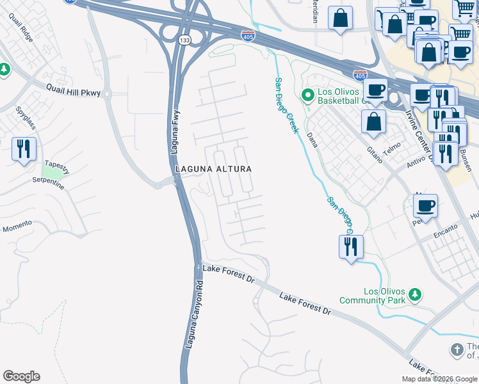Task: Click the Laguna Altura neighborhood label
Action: coord(213,168)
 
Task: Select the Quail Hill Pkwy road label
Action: coord(73,92)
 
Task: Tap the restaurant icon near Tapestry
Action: coord(24,149)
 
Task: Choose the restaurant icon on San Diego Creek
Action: coord(351,246)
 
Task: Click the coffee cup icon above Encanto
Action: coord(425,206)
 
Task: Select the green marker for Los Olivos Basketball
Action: coord(307,95)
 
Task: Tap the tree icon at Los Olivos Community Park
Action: coord(415,294)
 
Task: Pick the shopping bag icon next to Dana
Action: coord(373,122)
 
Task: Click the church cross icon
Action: coord(456,349)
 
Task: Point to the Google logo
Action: coord(21,376)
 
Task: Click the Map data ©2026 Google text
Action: coord(439,379)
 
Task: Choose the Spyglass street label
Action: coord(25,118)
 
